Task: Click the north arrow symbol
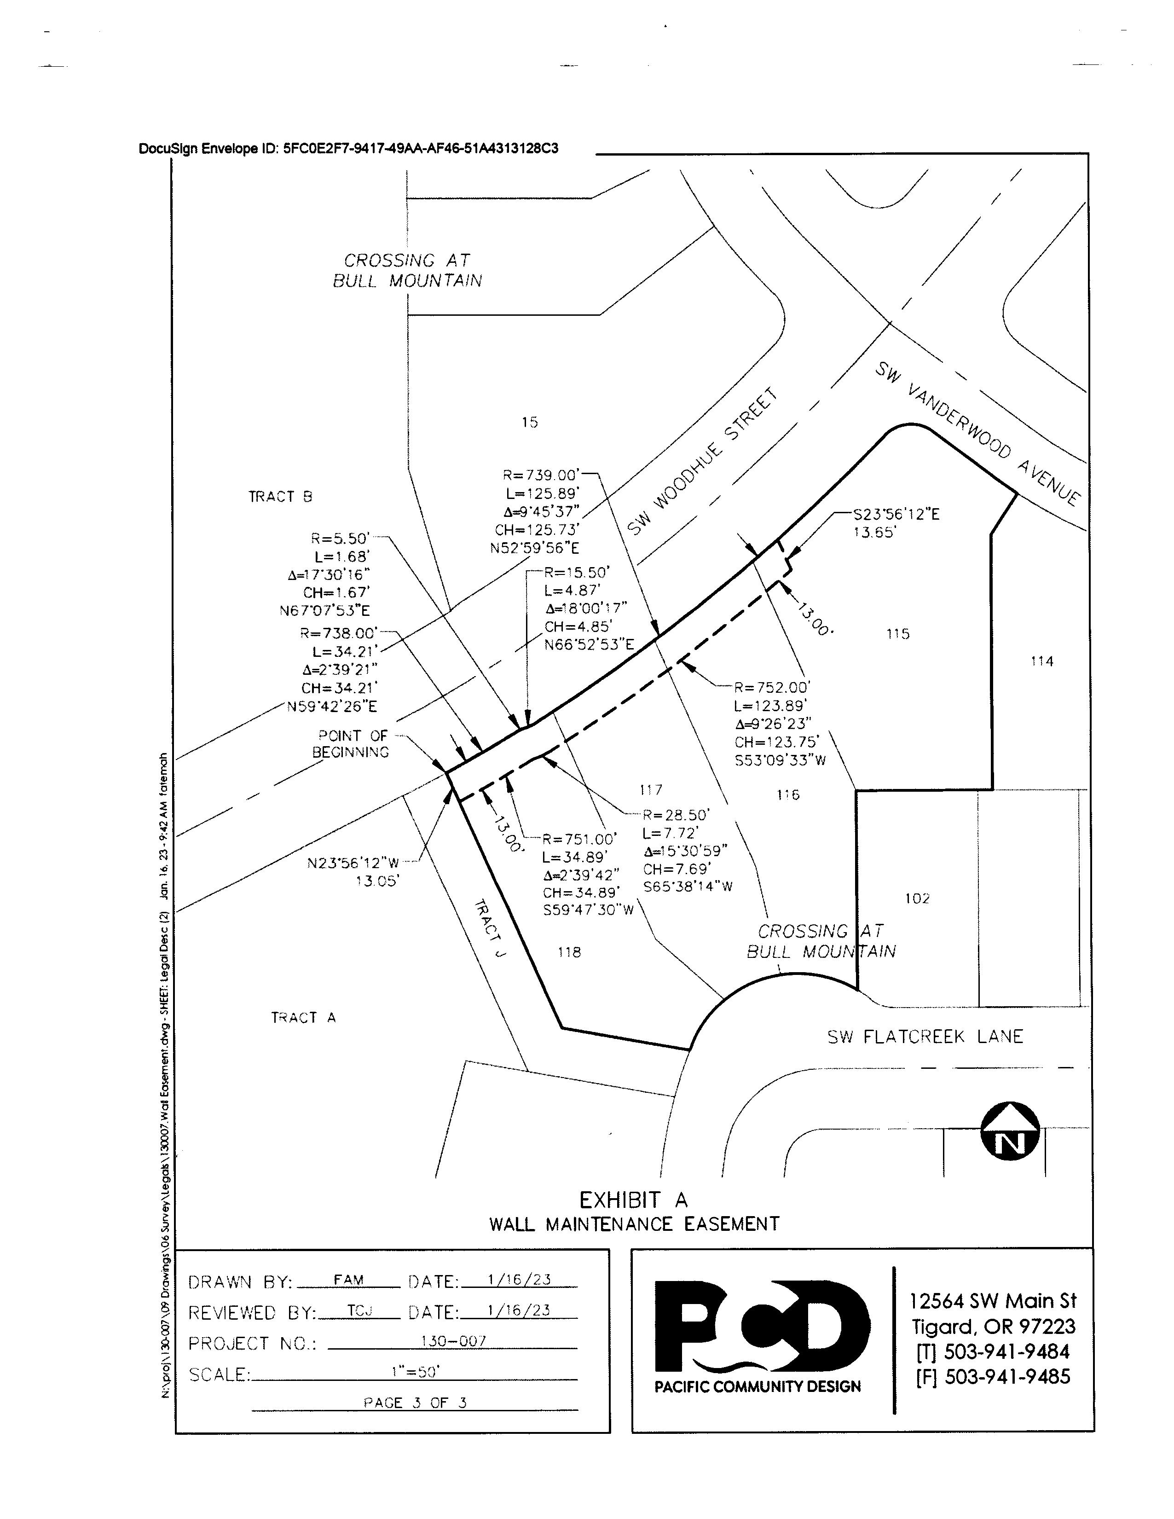pyautogui.click(x=1010, y=1131)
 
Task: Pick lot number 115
pyautogui.click(x=898, y=634)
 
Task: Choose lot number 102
pyautogui.click(x=917, y=899)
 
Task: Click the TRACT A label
pyautogui.click(x=303, y=1018)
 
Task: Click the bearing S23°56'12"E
pyautogui.click(x=896, y=515)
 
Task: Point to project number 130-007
pyautogui.click(x=453, y=1342)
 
